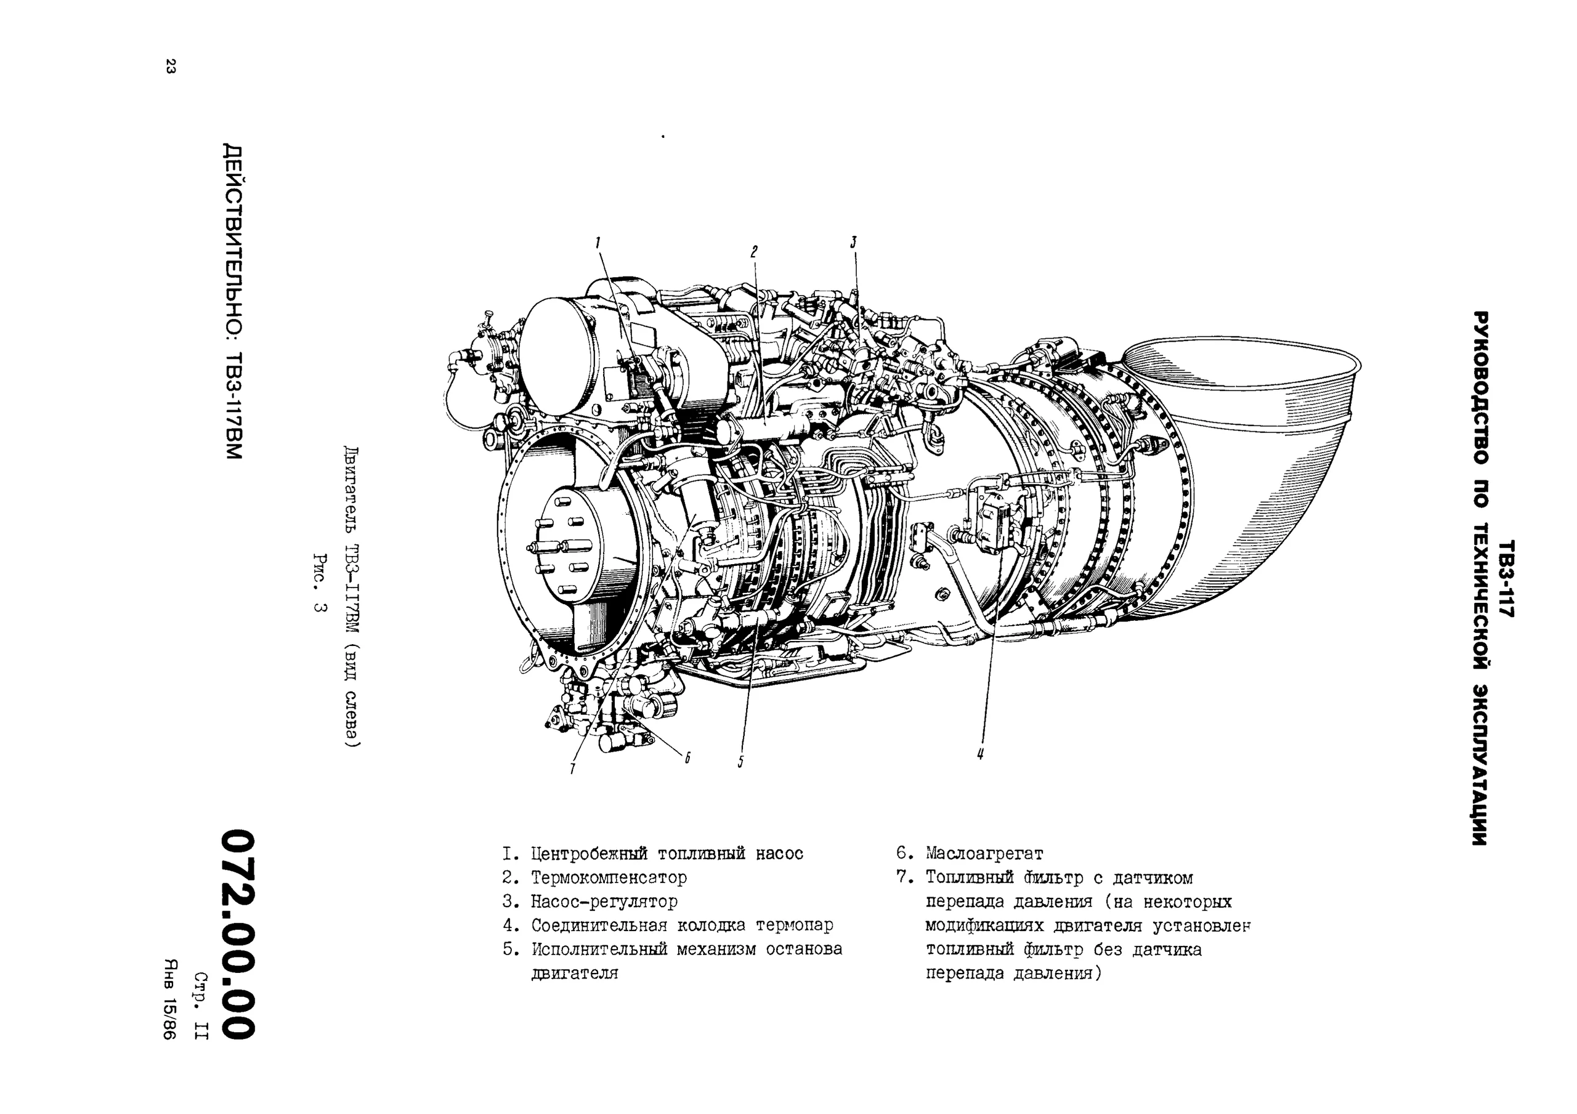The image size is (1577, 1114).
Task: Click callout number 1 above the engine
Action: (x=598, y=243)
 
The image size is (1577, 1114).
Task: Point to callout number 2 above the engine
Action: (x=753, y=252)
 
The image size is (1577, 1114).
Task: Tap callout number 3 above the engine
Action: (x=854, y=243)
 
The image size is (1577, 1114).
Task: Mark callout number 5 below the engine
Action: (x=740, y=762)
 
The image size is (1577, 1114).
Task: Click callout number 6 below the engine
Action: (x=686, y=757)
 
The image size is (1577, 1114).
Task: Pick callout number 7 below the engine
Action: (x=572, y=769)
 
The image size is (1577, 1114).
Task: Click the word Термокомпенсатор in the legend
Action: (x=609, y=878)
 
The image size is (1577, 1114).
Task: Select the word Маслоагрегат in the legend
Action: (x=984, y=854)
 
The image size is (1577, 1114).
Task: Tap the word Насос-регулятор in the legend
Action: (x=604, y=901)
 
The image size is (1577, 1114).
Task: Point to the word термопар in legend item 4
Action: (x=794, y=925)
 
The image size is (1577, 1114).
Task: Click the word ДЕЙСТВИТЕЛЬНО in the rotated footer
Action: (x=233, y=240)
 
